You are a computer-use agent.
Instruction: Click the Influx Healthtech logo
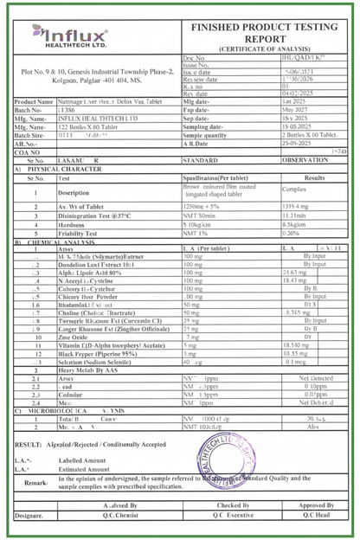click(70, 38)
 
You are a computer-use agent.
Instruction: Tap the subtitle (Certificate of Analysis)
click(269, 48)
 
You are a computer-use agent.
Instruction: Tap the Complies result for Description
click(294, 189)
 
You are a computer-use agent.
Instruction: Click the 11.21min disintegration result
click(295, 216)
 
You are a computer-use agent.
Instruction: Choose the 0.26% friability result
click(291, 234)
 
